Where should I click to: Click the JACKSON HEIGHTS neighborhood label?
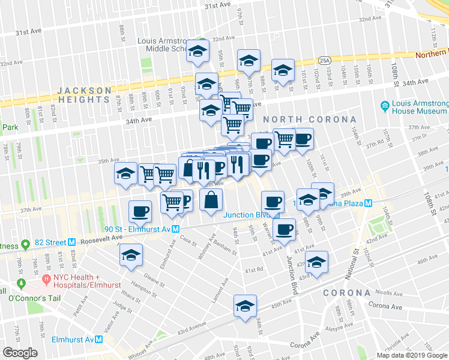pos(85,96)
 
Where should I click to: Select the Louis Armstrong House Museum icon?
pos(385,107)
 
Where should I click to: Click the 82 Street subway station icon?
pos(71,242)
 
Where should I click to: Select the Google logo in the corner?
pos(20,352)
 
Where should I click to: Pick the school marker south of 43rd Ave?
pos(245,306)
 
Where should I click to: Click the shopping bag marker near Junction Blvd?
pos(211,201)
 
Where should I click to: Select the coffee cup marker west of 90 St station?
pos(140,212)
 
